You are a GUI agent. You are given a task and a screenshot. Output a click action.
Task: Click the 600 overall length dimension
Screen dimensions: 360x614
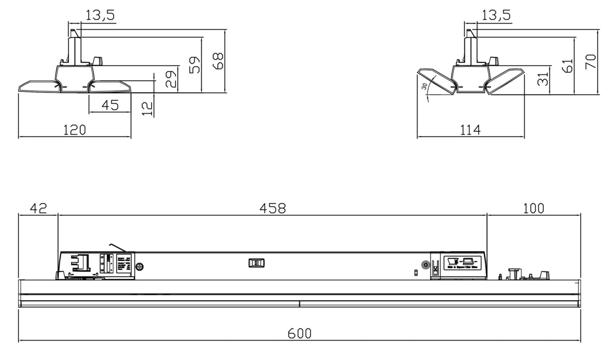pyautogui.click(x=300, y=333)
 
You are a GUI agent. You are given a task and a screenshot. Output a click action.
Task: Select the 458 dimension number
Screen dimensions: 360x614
pyautogui.click(x=272, y=208)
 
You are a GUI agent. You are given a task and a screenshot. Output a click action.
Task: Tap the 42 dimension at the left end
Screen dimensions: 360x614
pyautogui.click(x=38, y=208)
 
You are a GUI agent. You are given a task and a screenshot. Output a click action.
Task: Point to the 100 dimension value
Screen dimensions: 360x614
pyautogui.click(x=533, y=208)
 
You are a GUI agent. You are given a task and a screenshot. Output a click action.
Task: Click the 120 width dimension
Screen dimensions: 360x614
pyautogui.click(x=74, y=130)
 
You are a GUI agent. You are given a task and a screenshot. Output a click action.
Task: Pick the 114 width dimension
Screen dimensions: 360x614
pyautogui.click(x=470, y=130)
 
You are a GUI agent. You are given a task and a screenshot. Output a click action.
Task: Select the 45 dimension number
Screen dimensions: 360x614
pyautogui.click(x=110, y=105)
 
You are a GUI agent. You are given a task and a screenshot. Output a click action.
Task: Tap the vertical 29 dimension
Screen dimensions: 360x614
pyautogui.click(x=171, y=79)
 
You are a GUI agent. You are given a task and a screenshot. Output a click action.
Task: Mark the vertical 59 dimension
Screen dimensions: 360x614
pyautogui.click(x=195, y=65)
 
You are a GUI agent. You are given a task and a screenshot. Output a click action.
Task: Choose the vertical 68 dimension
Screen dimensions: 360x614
pyautogui.click(x=218, y=61)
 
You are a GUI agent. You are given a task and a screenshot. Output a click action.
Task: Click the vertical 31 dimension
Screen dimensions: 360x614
pyautogui.click(x=543, y=79)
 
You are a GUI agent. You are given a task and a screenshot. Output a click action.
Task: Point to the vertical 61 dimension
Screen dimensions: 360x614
pyautogui.click(x=567, y=65)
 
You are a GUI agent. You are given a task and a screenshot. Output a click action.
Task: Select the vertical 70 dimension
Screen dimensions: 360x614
pyautogui.click(x=591, y=61)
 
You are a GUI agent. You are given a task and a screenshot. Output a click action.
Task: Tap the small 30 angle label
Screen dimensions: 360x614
pyautogui.click(x=424, y=86)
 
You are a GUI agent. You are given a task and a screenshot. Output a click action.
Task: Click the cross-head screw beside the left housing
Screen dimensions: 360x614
pyautogui.click(x=139, y=267)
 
